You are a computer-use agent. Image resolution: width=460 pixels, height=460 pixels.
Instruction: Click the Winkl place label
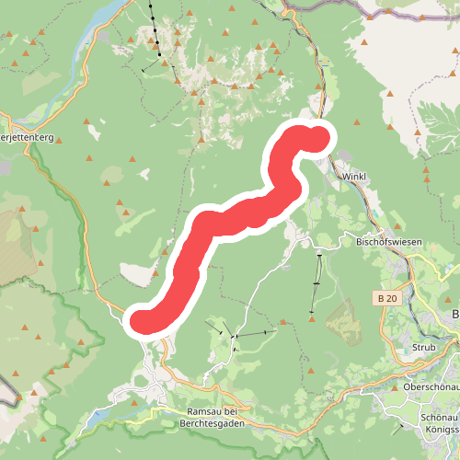(353, 175)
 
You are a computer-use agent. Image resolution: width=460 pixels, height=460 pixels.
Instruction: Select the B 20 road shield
(386, 298)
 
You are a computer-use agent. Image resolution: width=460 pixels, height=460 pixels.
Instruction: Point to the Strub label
(424, 348)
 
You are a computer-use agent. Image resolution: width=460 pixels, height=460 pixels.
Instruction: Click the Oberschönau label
(431, 388)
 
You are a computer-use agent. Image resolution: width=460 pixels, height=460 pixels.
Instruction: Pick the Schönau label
(437, 417)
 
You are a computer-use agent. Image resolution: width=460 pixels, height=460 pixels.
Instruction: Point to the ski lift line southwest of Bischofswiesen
(316, 281)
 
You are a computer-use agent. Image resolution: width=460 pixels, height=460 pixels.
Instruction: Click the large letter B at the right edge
(456, 315)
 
